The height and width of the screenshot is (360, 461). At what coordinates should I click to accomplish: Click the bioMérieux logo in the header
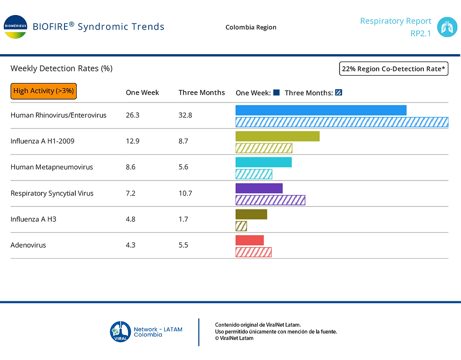[x=15, y=26]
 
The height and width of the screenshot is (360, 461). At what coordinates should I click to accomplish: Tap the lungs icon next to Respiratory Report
[x=446, y=27]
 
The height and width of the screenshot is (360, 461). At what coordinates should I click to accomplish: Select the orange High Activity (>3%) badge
[x=43, y=91]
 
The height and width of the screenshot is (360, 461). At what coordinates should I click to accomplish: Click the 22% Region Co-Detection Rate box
[x=394, y=69]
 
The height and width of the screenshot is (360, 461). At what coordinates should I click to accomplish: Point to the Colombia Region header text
[x=251, y=27]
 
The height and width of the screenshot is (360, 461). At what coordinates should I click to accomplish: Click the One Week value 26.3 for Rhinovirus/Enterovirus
[x=133, y=115]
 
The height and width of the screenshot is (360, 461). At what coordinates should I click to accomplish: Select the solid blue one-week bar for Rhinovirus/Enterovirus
[x=321, y=110]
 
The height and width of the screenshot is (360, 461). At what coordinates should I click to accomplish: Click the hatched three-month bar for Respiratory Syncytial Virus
[x=270, y=200]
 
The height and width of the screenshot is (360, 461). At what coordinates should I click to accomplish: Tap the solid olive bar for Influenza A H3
[x=251, y=214]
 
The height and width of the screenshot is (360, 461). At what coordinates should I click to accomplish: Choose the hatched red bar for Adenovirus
[x=254, y=252]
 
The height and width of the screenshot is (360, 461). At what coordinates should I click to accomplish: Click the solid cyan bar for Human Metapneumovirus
[x=263, y=162]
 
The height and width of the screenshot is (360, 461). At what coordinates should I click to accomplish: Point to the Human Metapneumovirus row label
[x=52, y=167]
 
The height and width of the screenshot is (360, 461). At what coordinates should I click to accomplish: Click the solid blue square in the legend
[x=277, y=93]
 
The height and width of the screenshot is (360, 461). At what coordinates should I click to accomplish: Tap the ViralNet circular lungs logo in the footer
[x=119, y=331]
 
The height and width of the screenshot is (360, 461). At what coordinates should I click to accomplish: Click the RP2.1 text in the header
[x=421, y=33]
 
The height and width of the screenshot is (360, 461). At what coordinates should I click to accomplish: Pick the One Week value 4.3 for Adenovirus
[x=131, y=245]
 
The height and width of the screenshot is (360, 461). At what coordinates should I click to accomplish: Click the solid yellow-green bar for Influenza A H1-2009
[x=278, y=136]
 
